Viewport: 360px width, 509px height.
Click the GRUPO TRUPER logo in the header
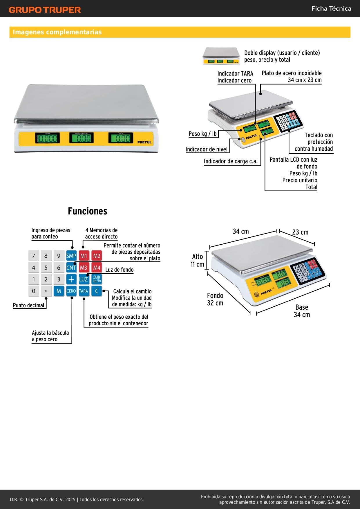click(45, 10)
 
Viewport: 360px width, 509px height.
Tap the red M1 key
click(84, 256)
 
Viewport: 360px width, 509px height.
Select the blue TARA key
click(84, 291)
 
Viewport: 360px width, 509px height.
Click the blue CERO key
click(71, 291)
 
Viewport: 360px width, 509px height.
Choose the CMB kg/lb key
click(97, 279)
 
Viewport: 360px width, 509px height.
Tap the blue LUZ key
click(84, 279)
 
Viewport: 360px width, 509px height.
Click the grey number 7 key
click(34, 256)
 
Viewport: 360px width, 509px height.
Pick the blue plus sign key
click(71, 279)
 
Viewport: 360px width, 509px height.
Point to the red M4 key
click(97, 268)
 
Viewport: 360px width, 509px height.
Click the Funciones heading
click(88, 211)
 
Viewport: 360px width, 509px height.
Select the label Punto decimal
click(28, 305)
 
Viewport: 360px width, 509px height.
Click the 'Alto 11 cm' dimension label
click(197, 260)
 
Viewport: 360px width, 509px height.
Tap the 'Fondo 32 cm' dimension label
click(215, 299)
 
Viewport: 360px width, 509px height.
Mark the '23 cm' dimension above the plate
click(300, 232)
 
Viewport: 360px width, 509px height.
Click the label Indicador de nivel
click(207, 149)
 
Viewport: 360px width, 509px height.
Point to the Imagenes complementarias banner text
click(57, 32)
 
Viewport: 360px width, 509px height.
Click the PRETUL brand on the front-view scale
click(144, 142)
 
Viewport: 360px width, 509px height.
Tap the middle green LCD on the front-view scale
click(82, 138)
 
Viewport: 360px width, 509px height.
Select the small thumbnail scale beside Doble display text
click(221, 56)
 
